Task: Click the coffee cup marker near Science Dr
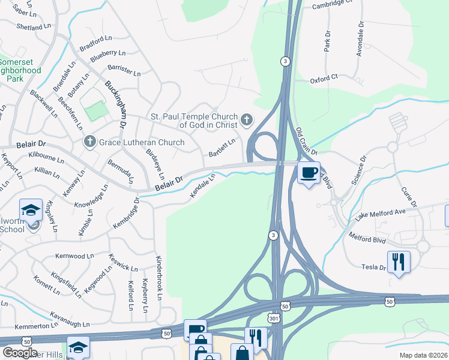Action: pyautogui.click(x=309, y=173)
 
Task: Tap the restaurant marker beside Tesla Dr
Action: pyautogui.click(x=399, y=262)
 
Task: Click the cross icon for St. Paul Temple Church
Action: pyautogui.click(x=246, y=121)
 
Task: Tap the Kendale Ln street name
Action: pyautogui.click(x=203, y=187)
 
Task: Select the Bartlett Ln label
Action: pyautogui.click(x=221, y=148)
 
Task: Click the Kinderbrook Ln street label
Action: pyautogui.click(x=158, y=277)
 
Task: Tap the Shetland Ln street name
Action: pyautogui.click(x=34, y=27)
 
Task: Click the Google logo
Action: pyautogui.click(x=20, y=353)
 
